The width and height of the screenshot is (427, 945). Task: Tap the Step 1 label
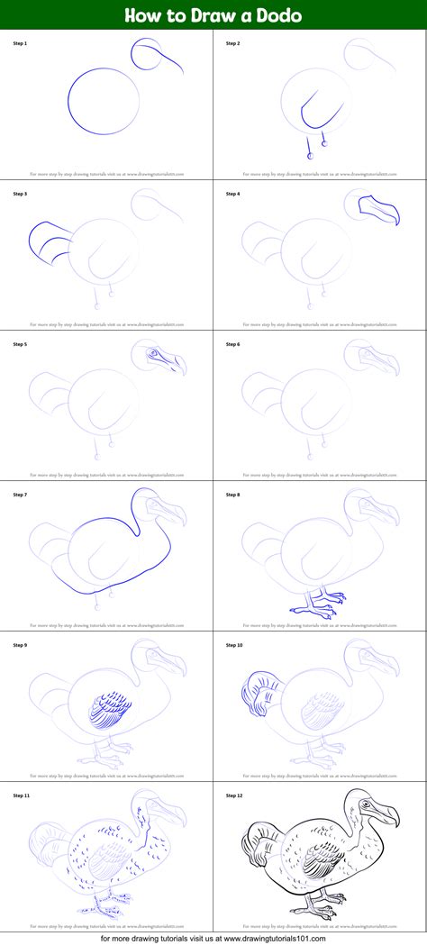20,43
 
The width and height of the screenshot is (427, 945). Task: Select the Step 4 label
233,194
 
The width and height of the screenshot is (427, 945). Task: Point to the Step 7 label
20,495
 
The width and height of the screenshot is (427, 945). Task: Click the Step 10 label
234,645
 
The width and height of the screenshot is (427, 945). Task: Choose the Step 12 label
234,795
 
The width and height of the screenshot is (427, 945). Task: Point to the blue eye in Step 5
153,352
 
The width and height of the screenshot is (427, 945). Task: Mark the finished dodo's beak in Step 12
382,816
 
